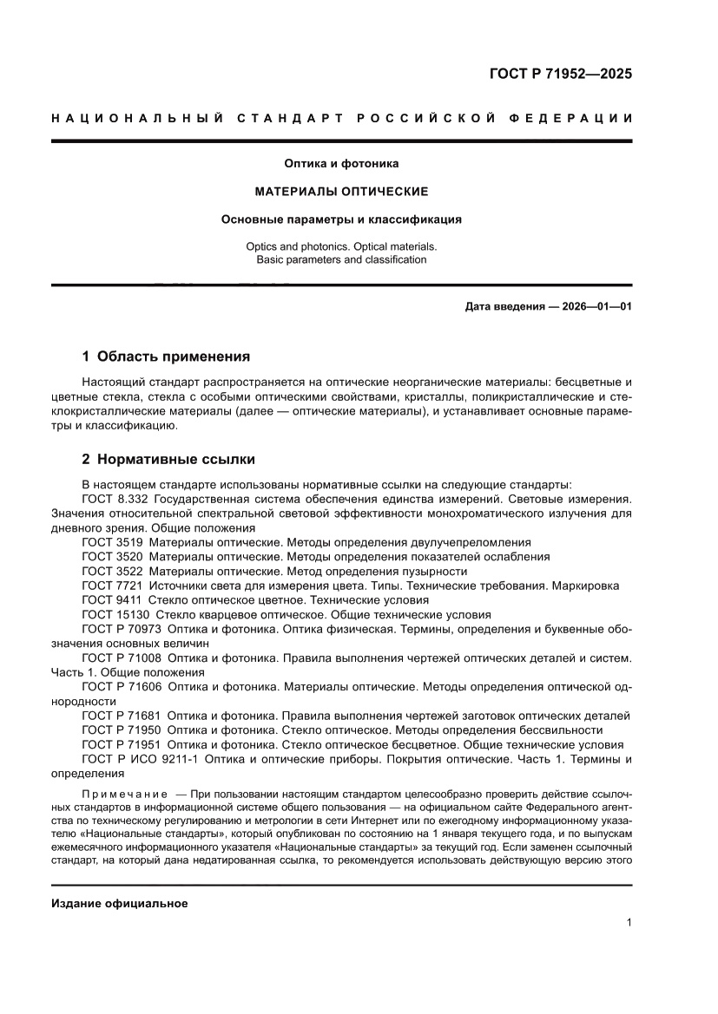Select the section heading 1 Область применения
(x=166, y=356)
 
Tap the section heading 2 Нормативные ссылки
(x=168, y=459)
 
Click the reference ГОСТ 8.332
(x=115, y=499)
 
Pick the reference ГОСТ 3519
(x=112, y=541)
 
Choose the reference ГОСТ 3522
(x=112, y=571)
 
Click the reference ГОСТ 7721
(x=112, y=586)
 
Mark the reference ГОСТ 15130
(x=115, y=614)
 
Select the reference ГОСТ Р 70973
(x=122, y=629)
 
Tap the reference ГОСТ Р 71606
(x=122, y=686)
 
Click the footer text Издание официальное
(x=120, y=904)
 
